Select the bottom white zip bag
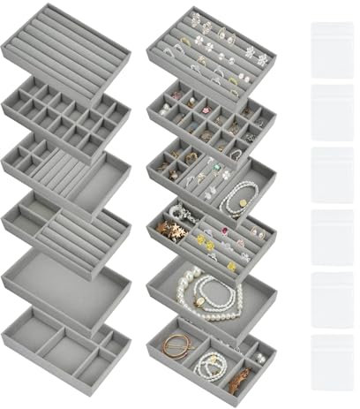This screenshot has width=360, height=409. coord(332,364)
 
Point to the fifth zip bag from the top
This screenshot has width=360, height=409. coord(332,300)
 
